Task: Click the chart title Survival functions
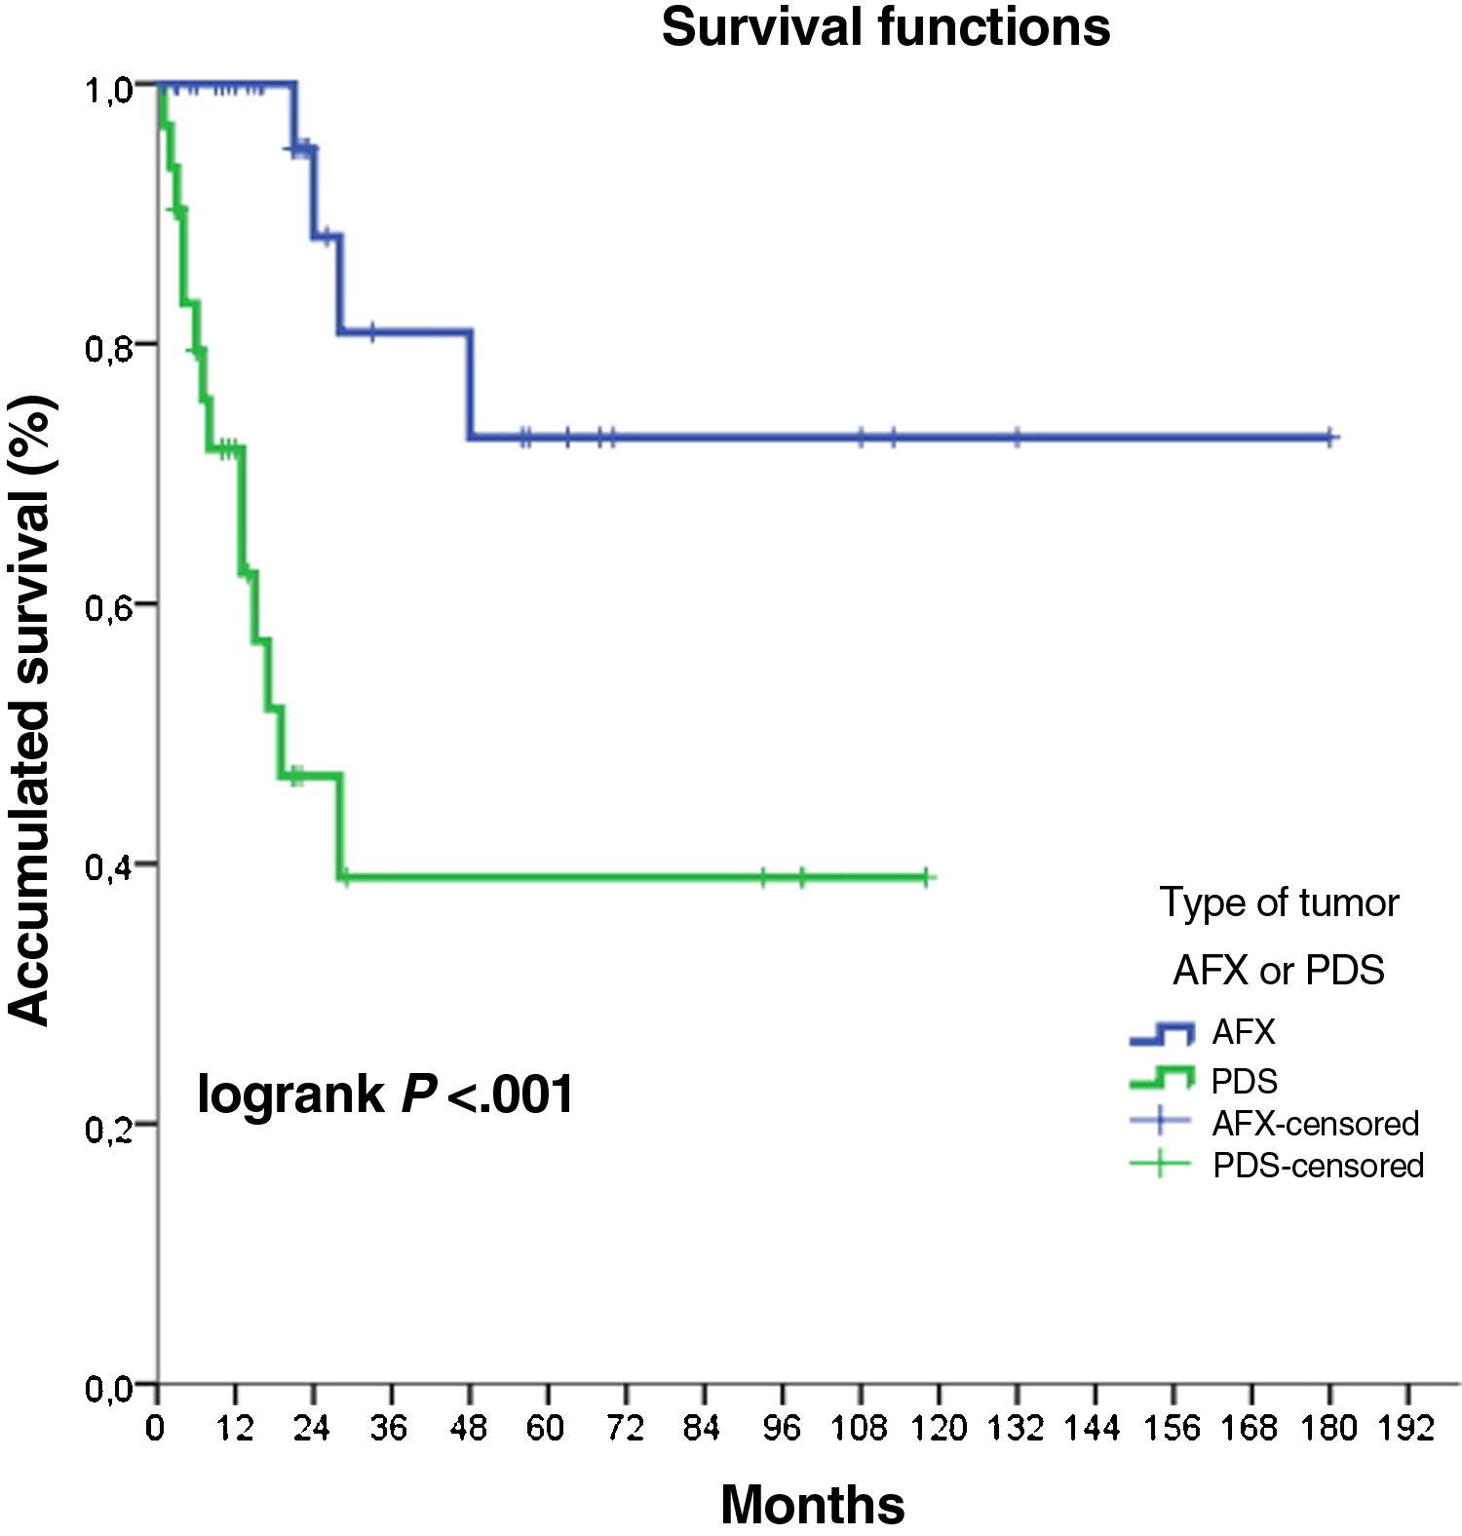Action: pyautogui.click(x=885, y=27)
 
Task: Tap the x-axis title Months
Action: pyautogui.click(x=812, y=1504)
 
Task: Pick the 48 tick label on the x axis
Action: pyautogui.click(x=468, y=1429)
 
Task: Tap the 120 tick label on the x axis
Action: pyautogui.click(x=938, y=1429)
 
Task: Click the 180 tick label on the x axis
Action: pyautogui.click(x=1329, y=1429)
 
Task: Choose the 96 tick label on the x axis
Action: pyautogui.click(x=781, y=1429)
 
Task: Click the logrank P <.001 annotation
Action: pyautogui.click(x=386, y=1094)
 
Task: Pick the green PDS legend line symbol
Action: pyautogui.click(x=1161, y=1077)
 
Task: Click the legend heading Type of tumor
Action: pyautogui.click(x=1279, y=902)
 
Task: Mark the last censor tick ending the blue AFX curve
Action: pyautogui.click(x=1330, y=438)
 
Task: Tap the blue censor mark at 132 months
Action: pyautogui.click(x=1017, y=438)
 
